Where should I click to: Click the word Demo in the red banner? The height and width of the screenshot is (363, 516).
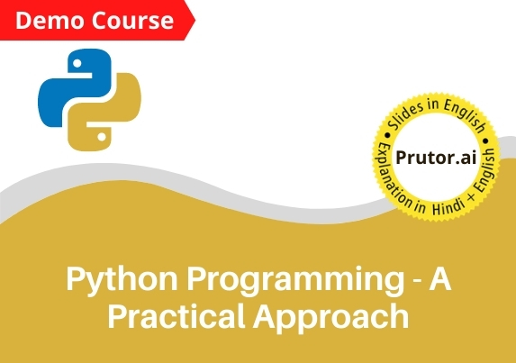tap(50, 21)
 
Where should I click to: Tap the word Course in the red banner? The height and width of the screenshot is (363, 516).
tap(132, 21)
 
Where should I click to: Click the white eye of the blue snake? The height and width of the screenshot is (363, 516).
tap(77, 63)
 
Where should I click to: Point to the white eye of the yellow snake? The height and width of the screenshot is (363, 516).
tap(102, 137)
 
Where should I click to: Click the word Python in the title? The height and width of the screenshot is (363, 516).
tap(122, 279)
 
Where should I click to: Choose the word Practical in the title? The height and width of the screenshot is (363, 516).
tap(177, 315)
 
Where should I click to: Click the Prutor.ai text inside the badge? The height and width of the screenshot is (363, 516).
tap(436, 158)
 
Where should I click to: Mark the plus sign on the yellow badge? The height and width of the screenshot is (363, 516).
tap(471, 197)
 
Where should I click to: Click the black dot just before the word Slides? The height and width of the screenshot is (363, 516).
tap(387, 135)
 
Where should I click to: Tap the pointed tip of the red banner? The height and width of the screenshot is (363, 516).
tap(195, 21)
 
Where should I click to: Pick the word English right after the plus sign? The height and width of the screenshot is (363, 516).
tap(486, 170)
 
